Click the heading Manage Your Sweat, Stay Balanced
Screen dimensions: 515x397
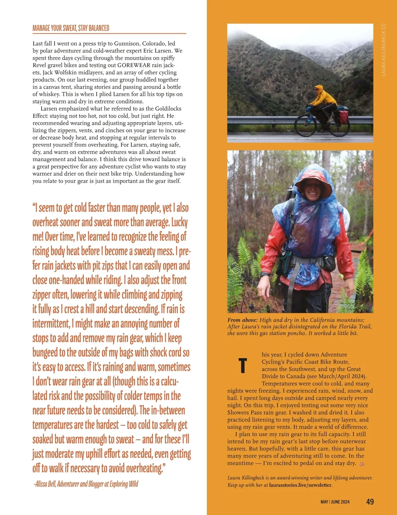[71, 28]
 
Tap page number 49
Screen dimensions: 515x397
[370, 501]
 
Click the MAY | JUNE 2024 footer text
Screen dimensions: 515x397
[335, 502]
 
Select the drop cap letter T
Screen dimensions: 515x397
[243, 365]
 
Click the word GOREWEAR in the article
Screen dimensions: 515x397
[134, 65]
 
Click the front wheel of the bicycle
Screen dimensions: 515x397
[304, 126]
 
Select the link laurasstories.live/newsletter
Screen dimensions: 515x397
[300, 485]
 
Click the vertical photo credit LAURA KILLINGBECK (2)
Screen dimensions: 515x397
[383, 50]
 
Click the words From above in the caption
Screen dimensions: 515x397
[242, 320]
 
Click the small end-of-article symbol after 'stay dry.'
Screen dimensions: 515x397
[362, 463]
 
